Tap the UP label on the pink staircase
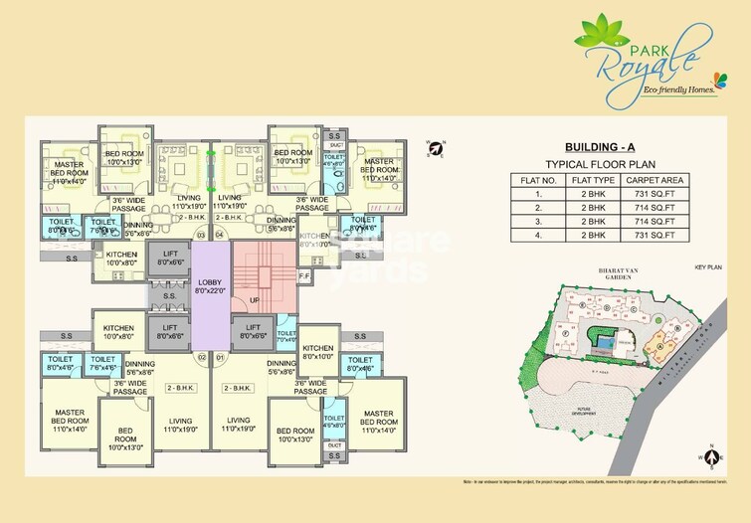(x=255, y=299)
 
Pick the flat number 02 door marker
(x=201, y=356)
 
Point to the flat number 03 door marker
(x=201, y=235)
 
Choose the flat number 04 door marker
(x=220, y=235)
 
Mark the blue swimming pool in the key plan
(x=604, y=341)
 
